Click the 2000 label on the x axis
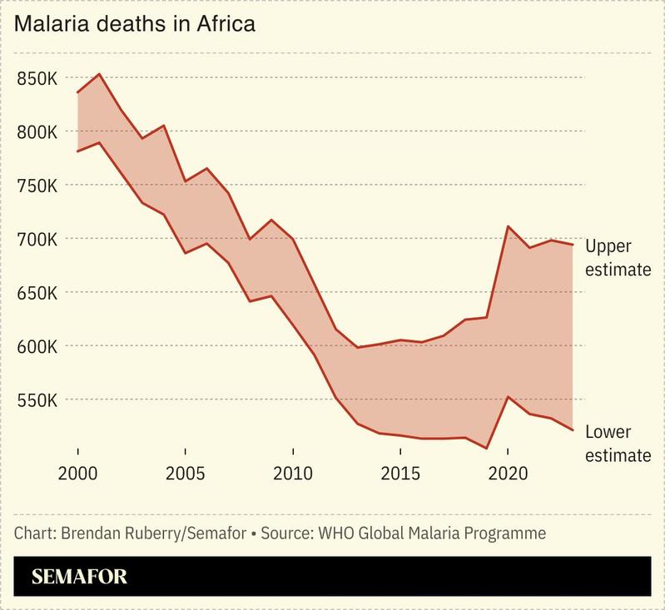click(x=77, y=474)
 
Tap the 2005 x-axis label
click(x=185, y=474)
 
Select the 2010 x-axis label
click(x=292, y=474)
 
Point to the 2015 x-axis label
click(x=399, y=474)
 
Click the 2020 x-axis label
click(x=507, y=474)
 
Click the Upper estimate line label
click(x=617, y=257)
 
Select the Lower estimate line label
click(x=617, y=444)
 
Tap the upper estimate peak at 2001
click(x=99, y=74)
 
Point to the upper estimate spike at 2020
click(x=508, y=226)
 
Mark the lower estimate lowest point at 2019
click(x=486, y=448)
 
